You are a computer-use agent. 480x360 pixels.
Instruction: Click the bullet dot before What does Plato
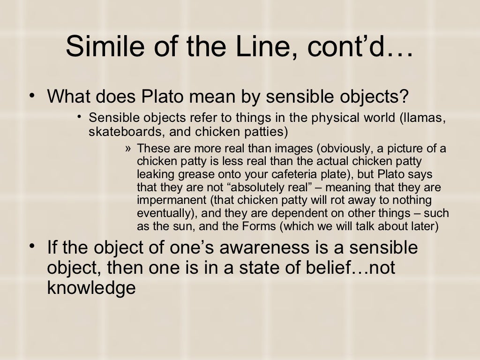click(31, 96)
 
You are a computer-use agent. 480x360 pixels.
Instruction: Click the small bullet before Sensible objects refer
click(80, 117)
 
